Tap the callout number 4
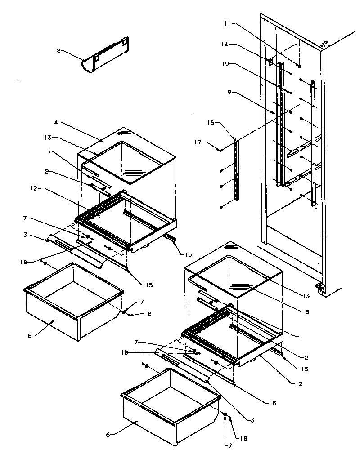coord(56,122)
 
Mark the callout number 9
coord(229,92)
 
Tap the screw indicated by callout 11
coord(299,67)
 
